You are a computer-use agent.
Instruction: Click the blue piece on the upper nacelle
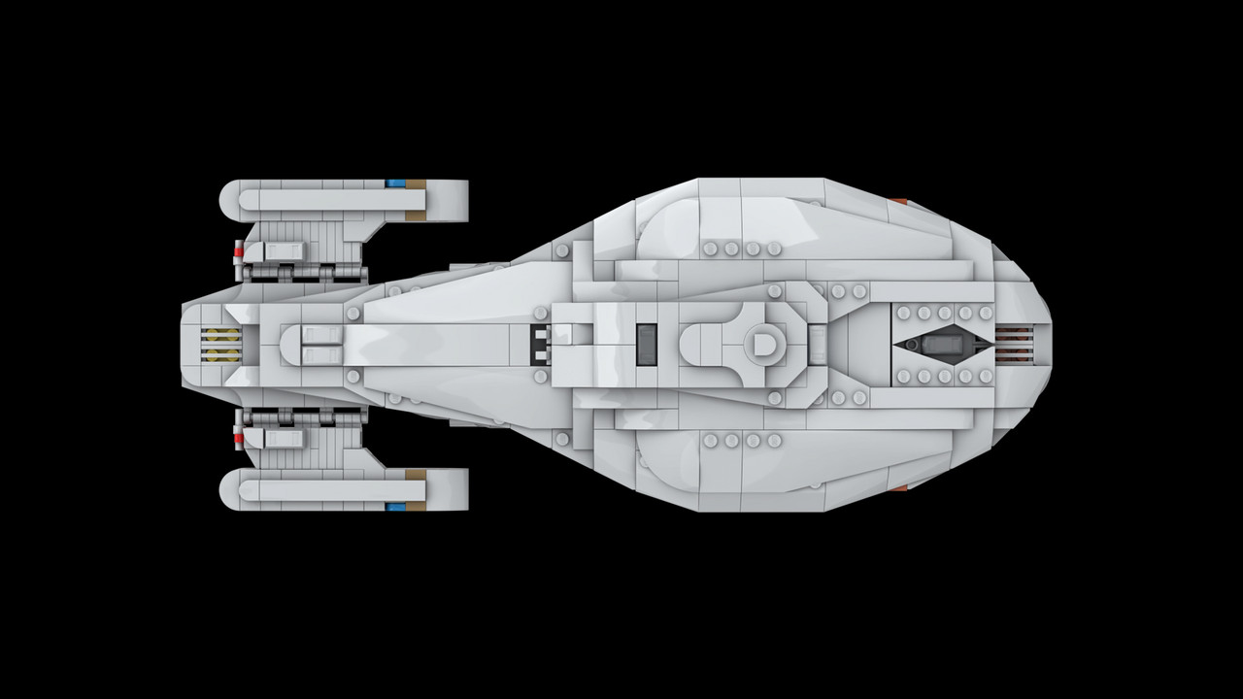394,183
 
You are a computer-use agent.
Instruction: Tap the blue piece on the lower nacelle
394,506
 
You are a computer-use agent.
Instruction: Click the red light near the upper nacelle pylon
236,251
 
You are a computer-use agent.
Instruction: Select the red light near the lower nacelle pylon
236,439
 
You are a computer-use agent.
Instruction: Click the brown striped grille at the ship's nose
1013,345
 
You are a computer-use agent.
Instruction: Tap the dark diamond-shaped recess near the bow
940,345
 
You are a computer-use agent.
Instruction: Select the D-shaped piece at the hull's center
760,344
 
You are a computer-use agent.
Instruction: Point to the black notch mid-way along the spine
540,345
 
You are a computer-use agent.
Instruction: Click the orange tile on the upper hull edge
899,201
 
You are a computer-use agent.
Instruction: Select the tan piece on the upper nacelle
416,183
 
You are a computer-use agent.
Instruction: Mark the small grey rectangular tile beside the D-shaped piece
818,345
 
